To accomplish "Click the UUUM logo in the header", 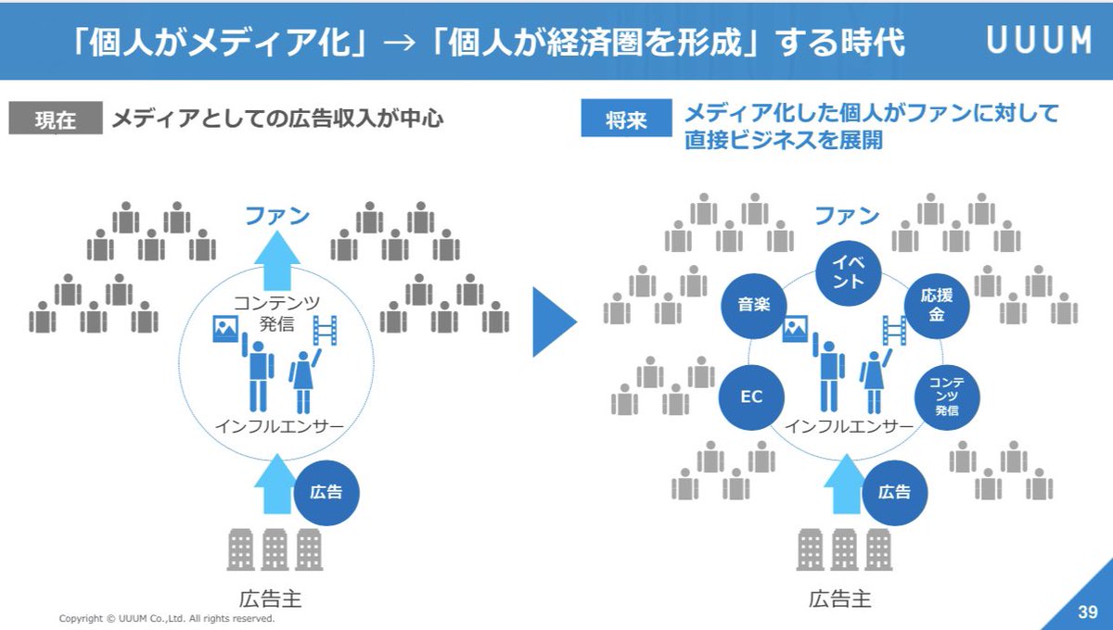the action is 1040,40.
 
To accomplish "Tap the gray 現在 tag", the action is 56,119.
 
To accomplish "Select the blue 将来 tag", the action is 626,119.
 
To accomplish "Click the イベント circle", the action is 849,272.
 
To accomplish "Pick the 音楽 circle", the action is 754,306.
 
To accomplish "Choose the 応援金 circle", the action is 937,306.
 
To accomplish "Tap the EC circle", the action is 751,397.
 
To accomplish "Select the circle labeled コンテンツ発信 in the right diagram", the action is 947,397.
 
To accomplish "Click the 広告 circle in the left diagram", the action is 326,493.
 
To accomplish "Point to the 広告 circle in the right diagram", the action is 894,493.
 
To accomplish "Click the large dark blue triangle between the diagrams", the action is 554,321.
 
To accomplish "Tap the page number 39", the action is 1088,611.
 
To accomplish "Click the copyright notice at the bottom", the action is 167,619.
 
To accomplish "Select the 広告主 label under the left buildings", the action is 270,599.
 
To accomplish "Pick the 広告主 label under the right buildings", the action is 839,599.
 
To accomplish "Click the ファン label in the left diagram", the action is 277,216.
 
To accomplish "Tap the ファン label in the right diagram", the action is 847,216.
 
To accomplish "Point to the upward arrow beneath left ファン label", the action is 277,261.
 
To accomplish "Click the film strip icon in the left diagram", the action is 325,330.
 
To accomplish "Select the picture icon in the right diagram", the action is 795,329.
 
